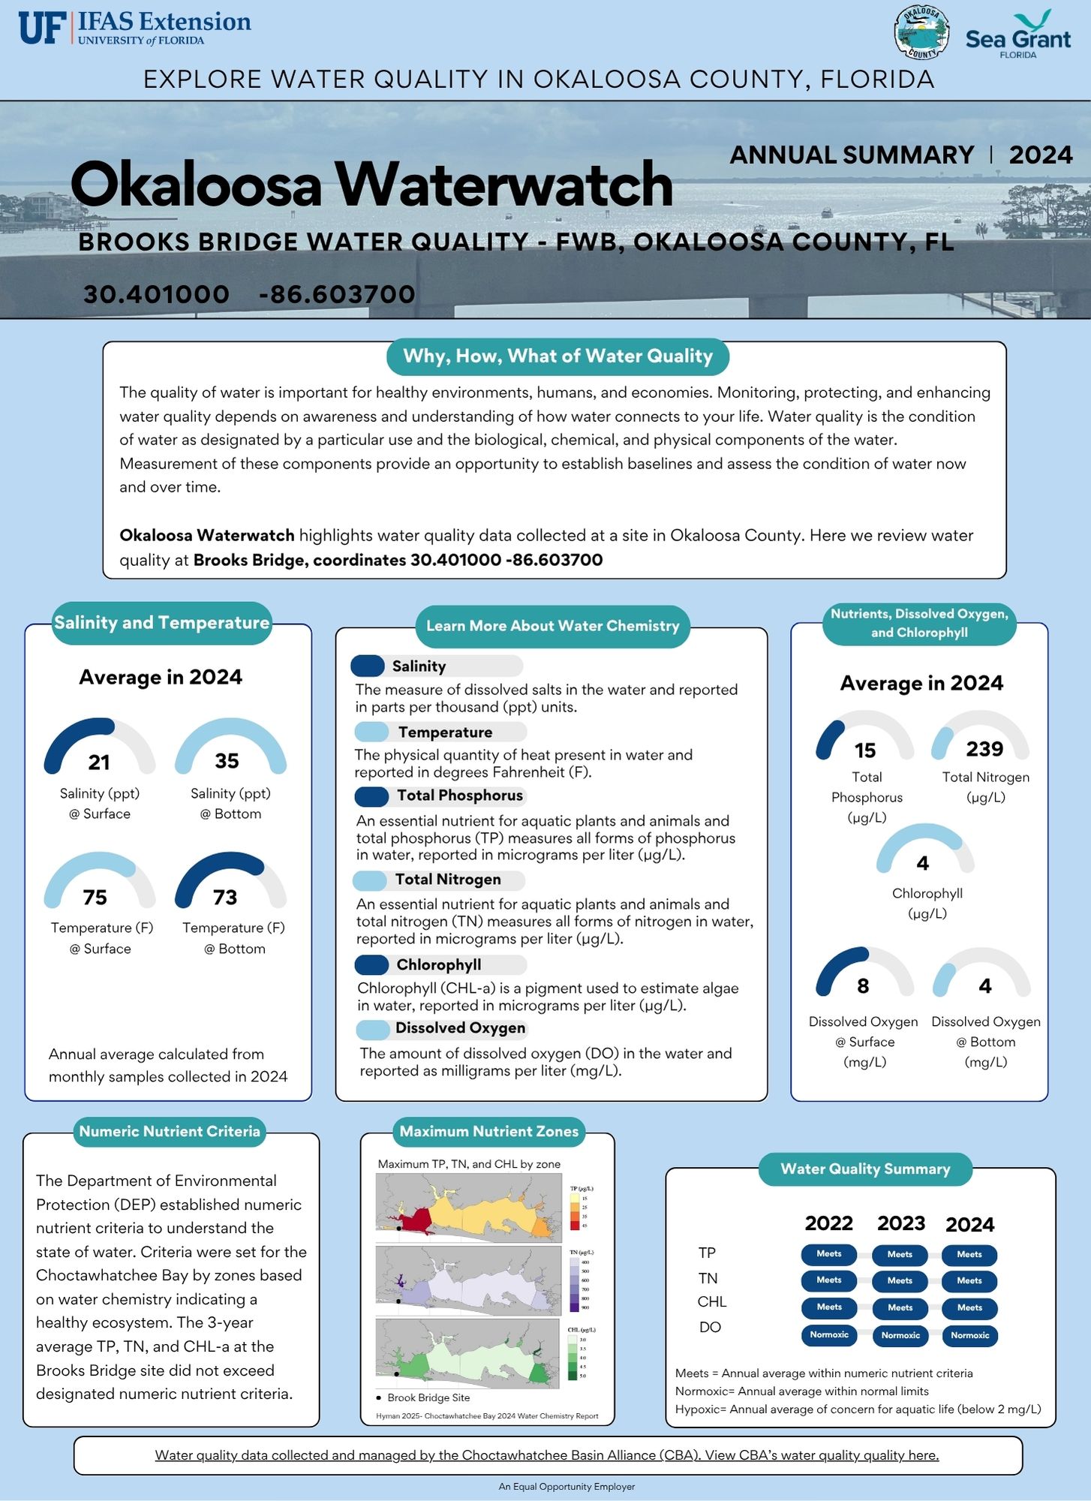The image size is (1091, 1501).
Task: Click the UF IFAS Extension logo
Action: [x=135, y=29]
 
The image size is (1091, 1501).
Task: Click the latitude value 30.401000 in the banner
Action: [x=156, y=294]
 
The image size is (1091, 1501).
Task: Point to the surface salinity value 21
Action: [x=99, y=763]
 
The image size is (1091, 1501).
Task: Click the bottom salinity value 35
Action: [x=227, y=761]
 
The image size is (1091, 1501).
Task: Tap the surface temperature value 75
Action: [x=95, y=898]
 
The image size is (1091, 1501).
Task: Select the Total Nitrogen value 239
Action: [x=984, y=749]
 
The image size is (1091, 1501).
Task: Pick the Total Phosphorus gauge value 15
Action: [x=865, y=750]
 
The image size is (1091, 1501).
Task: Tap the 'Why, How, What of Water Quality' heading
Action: [x=558, y=356]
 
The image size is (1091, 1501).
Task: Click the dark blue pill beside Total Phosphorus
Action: [x=371, y=796]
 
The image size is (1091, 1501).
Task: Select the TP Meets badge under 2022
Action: [x=829, y=1254]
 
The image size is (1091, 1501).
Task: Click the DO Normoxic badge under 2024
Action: [x=969, y=1336]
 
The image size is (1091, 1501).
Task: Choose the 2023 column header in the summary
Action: [x=901, y=1224]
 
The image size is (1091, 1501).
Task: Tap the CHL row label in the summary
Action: [x=711, y=1302]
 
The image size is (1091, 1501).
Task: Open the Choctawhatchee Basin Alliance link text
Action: [x=546, y=1456]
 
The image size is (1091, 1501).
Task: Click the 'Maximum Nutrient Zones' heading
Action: [x=488, y=1132]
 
